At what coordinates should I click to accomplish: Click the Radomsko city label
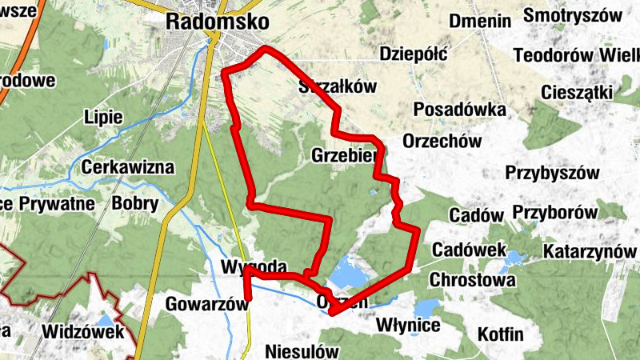coord(217,22)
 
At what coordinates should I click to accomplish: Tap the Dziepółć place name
coord(413,54)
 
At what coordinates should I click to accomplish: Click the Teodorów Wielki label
coord(576,55)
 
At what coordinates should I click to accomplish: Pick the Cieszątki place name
coord(577,92)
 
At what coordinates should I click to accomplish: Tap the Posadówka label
coord(460,109)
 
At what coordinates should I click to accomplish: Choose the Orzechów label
coord(442,141)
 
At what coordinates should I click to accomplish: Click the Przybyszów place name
coord(552,173)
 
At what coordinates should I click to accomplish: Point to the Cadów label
coord(476,215)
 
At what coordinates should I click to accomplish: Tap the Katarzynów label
coord(590,251)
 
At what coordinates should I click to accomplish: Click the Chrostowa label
coord(472,281)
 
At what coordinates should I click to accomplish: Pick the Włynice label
coord(408,326)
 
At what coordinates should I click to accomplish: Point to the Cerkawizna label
coord(128,168)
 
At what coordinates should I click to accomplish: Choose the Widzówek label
coord(83,331)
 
